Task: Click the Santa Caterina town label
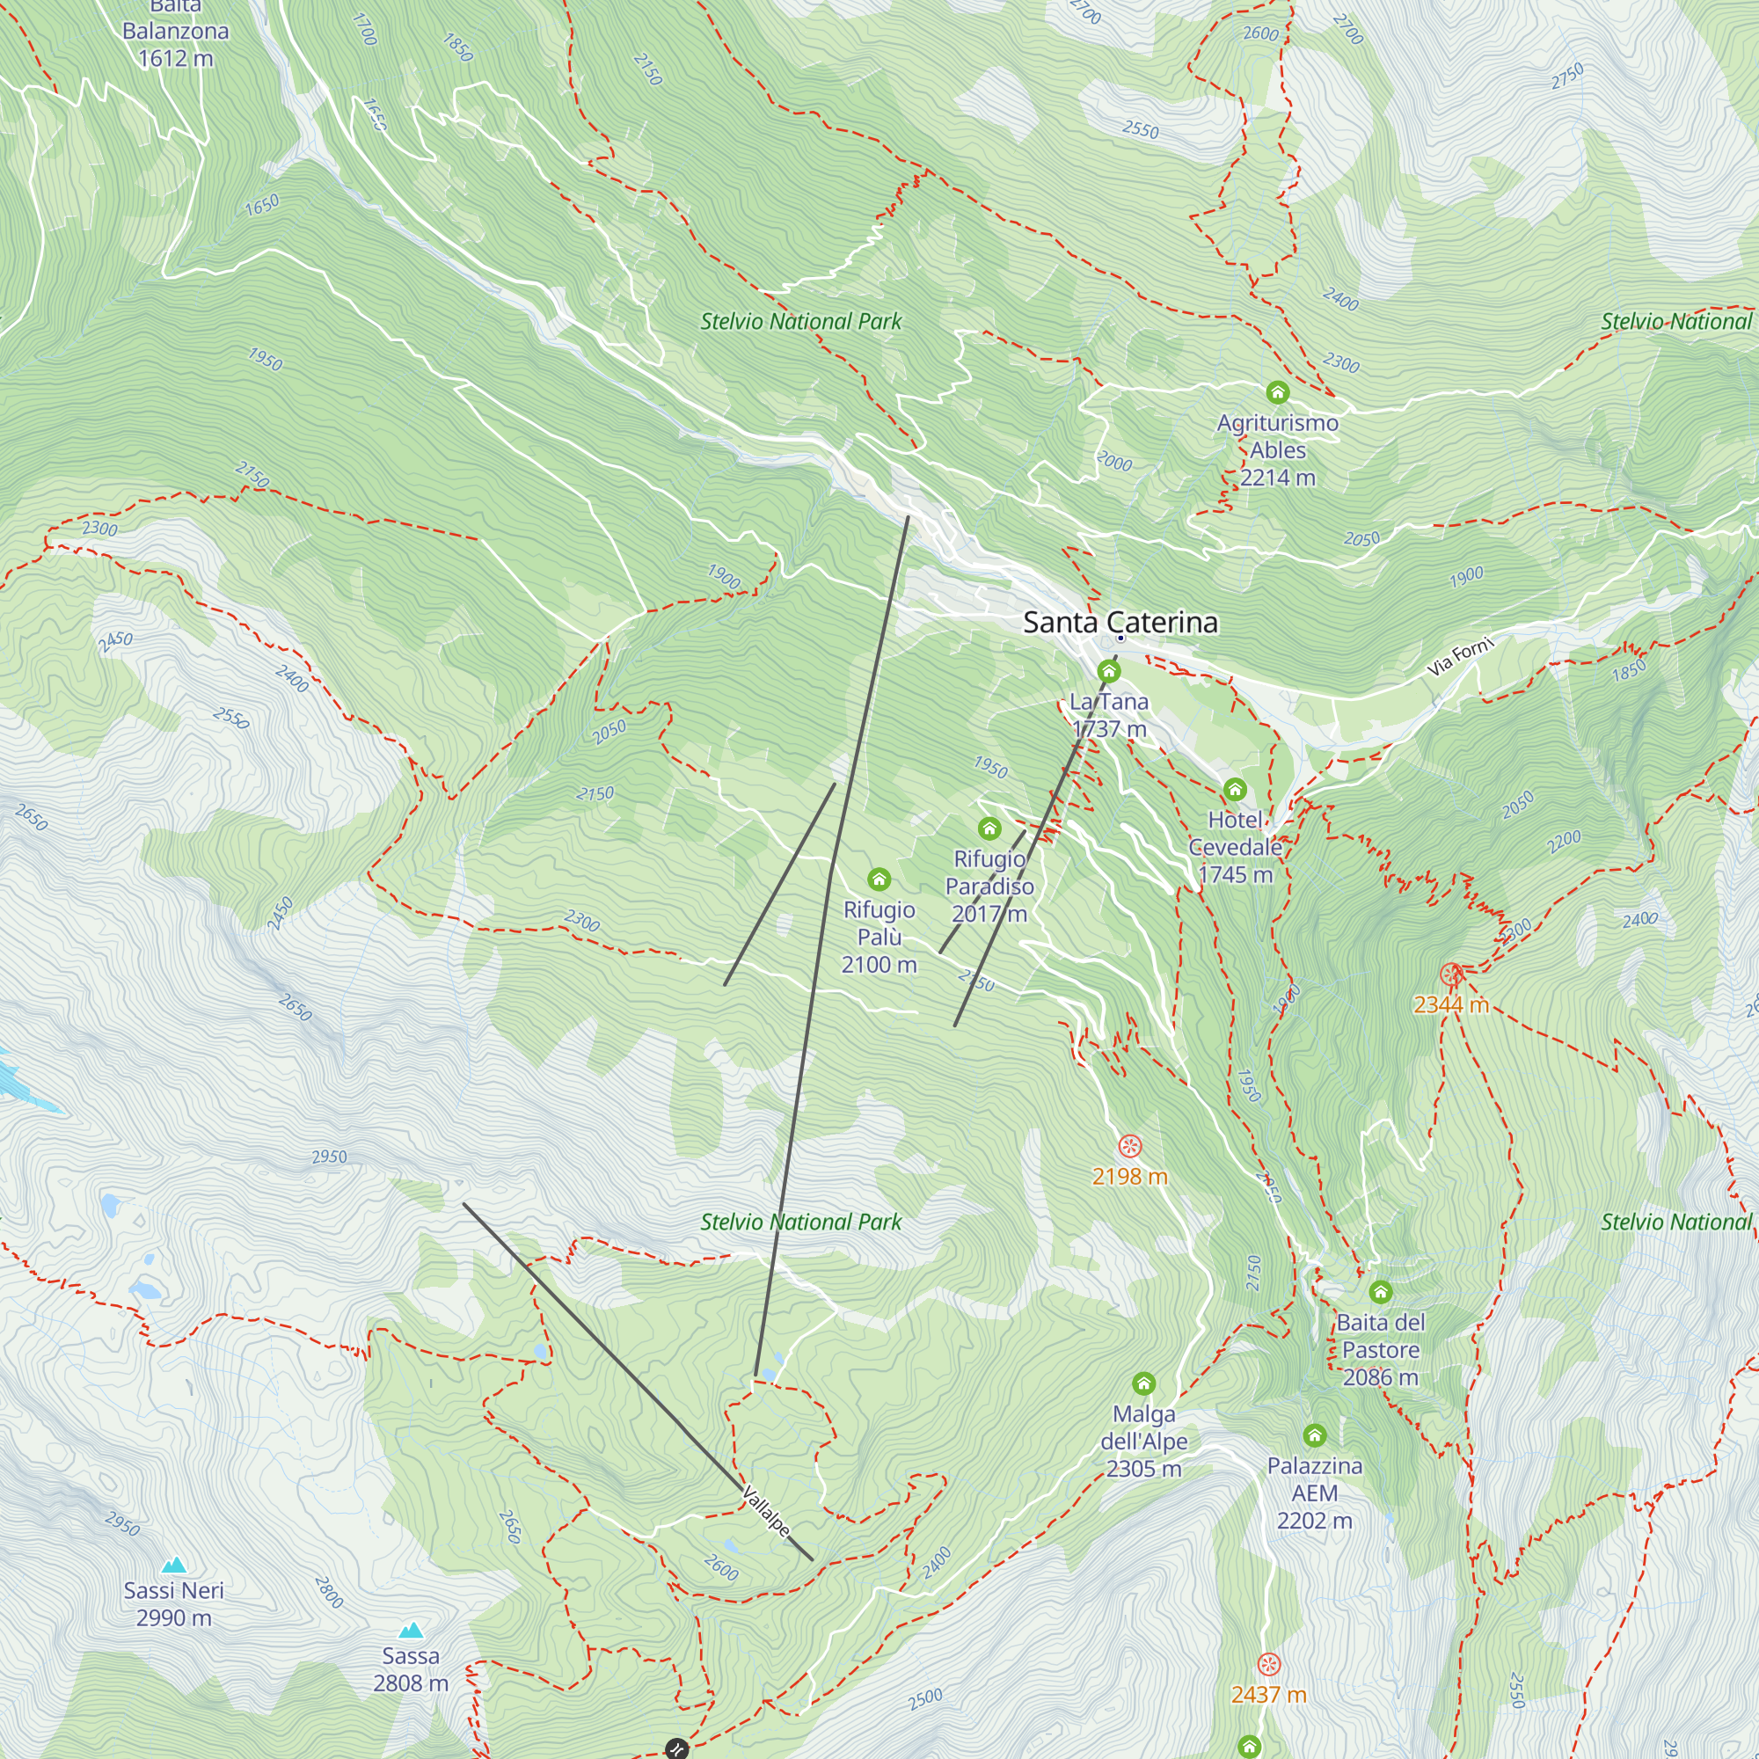1120,623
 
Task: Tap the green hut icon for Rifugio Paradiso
989,828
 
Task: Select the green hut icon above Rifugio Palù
879,879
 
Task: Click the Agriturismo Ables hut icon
1277,392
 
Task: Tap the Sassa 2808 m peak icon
411,1630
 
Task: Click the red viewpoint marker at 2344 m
1451,975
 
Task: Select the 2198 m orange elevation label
1129,1176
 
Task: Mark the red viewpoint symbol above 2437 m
1268,1664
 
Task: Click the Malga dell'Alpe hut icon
1143,1383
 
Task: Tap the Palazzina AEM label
1314,1493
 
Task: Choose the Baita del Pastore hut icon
1380,1292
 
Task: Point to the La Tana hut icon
1108,672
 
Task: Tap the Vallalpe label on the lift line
766,1511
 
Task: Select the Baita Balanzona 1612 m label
176,33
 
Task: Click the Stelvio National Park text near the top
800,321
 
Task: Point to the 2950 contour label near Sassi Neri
122,1523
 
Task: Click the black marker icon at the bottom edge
675,1748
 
